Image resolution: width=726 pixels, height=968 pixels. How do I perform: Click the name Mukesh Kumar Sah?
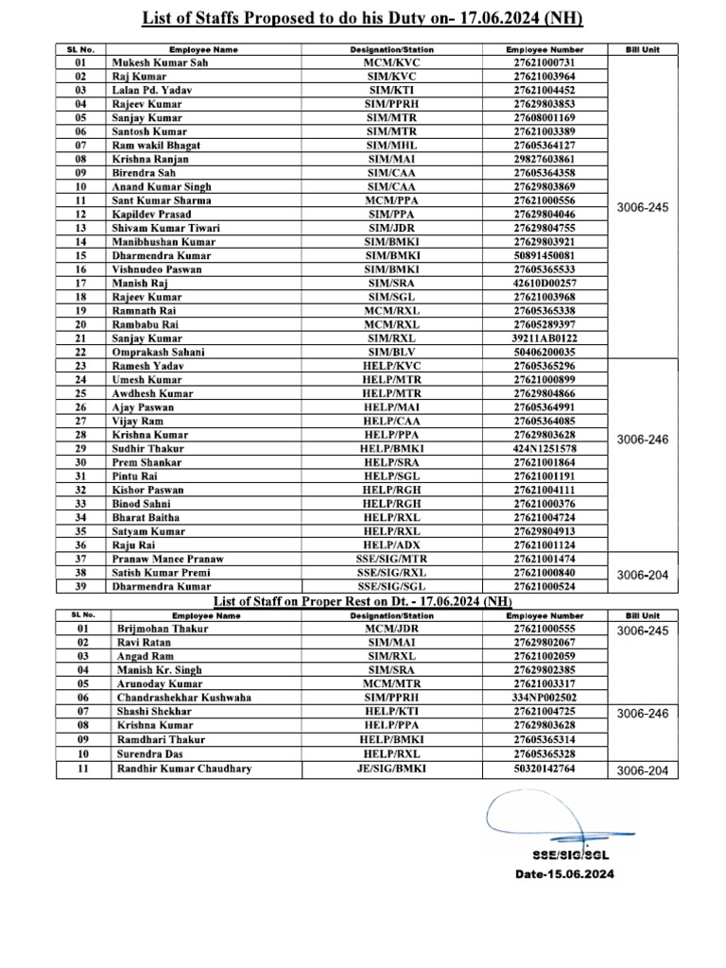(x=159, y=62)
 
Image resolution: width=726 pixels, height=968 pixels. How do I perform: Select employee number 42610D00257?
(x=544, y=283)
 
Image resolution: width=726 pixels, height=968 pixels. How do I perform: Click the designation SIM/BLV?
(x=398, y=352)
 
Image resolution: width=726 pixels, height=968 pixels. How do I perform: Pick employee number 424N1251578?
(x=544, y=448)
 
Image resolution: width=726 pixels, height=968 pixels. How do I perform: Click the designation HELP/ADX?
(x=398, y=544)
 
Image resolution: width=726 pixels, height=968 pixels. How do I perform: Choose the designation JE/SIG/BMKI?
(x=398, y=769)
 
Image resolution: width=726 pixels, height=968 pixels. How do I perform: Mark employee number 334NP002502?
(x=544, y=697)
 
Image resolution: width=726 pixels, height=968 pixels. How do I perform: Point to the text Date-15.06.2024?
(x=564, y=874)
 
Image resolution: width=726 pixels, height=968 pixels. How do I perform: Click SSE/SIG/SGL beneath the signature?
(x=565, y=855)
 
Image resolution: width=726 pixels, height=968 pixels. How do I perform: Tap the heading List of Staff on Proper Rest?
(x=317, y=601)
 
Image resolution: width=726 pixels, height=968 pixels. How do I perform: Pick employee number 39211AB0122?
(x=544, y=337)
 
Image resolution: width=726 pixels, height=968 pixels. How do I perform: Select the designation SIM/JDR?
(x=398, y=228)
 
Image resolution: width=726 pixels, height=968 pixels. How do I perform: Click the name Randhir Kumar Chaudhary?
(x=183, y=769)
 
